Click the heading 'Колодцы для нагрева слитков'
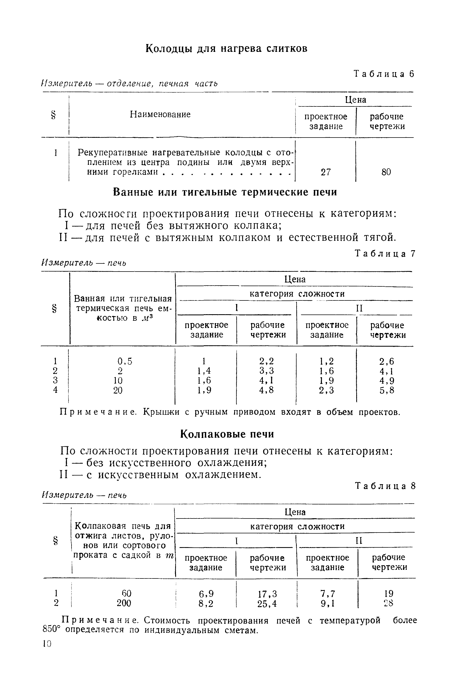pos(226,49)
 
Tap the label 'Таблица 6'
pos(384,74)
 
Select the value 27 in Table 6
pos(325,172)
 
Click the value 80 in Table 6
pos(386,172)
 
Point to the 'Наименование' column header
pos(160,115)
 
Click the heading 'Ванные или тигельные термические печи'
pos(225,192)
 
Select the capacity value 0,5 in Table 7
pos(125,361)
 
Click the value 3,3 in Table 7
pos(266,371)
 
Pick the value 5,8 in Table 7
pos(386,390)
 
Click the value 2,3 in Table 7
pos(326,390)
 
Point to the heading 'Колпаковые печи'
pos(227,434)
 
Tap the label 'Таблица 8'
pos(385,486)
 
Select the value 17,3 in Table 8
pos(267,594)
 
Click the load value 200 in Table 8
pos(124,603)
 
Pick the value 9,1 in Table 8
pos(327,604)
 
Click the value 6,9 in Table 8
pos(206,594)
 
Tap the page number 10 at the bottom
pos(47,644)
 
